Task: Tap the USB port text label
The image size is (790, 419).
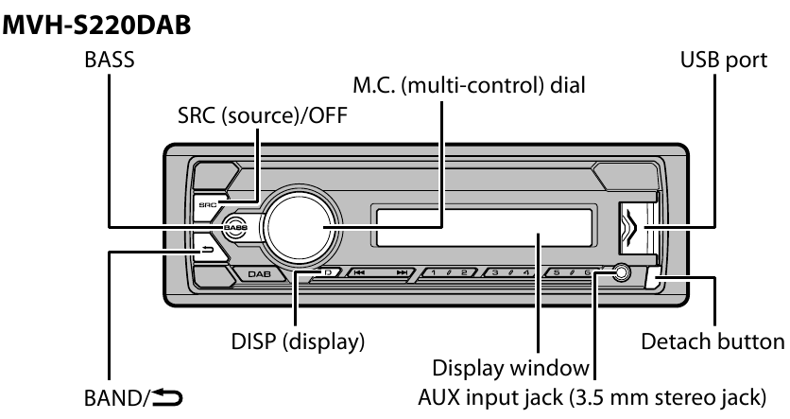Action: (x=713, y=61)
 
